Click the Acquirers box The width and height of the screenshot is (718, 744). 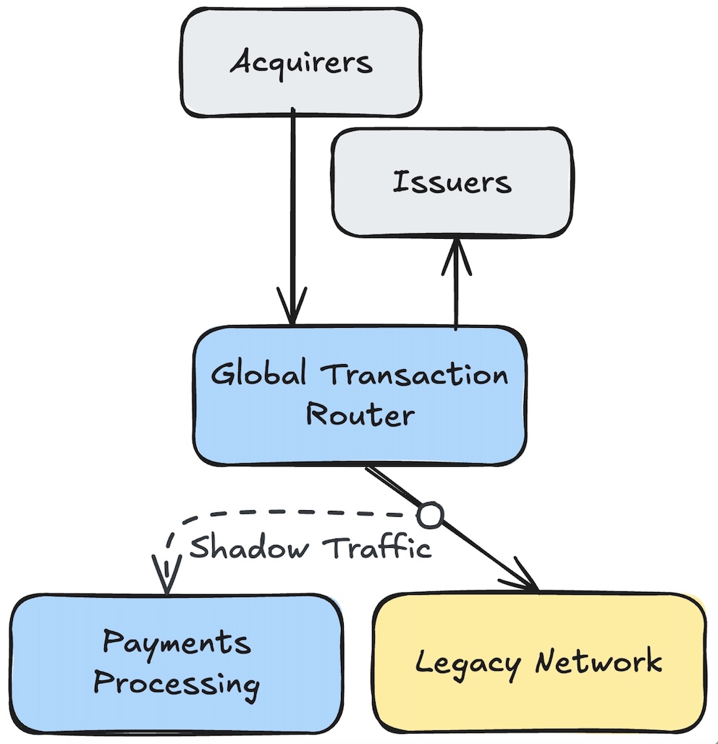pyautogui.click(x=300, y=62)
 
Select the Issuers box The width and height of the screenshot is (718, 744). pyautogui.click(x=452, y=182)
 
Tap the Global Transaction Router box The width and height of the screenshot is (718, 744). pyautogui.click(x=359, y=395)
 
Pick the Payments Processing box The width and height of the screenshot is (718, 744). pyautogui.click(x=177, y=663)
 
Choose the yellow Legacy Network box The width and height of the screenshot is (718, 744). pyautogui.click(x=539, y=663)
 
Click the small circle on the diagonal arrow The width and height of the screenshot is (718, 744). pyautogui.click(x=429, y=515)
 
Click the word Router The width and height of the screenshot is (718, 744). pyautogui.click(x=360, y=415)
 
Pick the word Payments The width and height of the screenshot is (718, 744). pyautogui.click(x=177, y=643)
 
